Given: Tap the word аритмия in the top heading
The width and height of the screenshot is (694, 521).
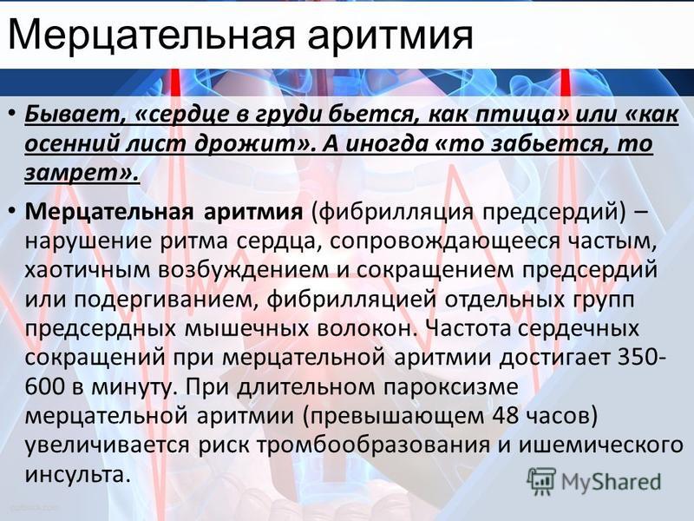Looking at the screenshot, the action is point(390,36).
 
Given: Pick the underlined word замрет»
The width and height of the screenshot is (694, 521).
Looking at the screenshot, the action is point(82,172).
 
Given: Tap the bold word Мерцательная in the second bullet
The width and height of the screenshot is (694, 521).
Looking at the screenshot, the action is point(109,212).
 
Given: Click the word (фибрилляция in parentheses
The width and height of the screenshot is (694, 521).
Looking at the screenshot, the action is point(391,213).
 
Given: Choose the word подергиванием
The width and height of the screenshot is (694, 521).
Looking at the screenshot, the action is point(164,300).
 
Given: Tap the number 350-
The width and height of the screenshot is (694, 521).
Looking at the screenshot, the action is point(641,358).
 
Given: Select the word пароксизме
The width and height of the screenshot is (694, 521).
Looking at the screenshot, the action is point(450,387).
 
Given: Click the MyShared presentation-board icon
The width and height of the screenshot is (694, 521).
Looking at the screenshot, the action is point(541,482).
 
